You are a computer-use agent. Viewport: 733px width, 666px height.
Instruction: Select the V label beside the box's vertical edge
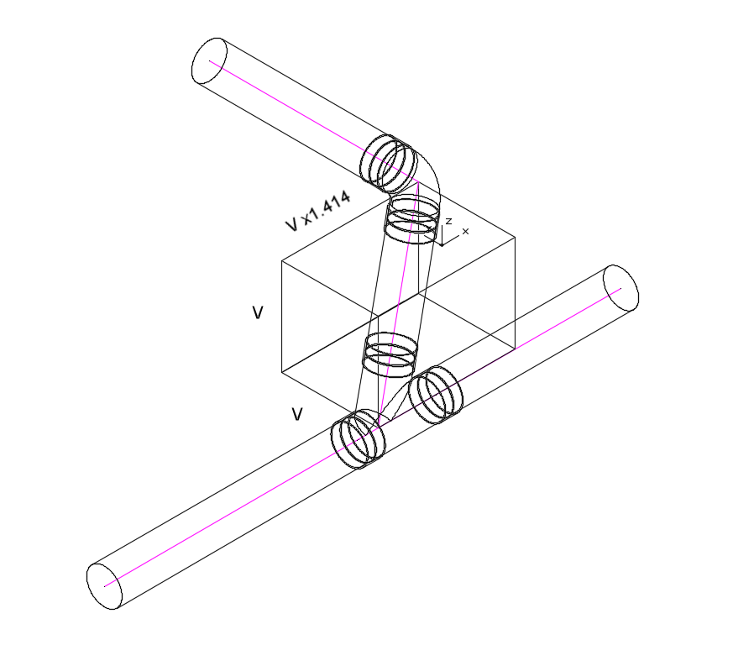click(x=258, y=313)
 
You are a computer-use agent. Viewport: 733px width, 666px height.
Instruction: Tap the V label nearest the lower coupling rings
click(x=296, y=414)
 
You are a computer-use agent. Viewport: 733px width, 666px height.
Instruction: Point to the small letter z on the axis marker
click(x=449, y=221)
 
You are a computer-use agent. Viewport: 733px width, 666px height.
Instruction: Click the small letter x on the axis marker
click(x=465, y=231)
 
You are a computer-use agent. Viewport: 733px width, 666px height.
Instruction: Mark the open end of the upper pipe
click(x=210, y=60)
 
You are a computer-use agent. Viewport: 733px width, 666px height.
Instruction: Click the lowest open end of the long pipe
click(x=105, y=585)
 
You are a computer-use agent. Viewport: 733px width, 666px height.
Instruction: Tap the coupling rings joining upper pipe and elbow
click(x=388, y=162)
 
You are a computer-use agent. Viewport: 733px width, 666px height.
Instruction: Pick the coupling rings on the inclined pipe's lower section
click(x=389, y=353)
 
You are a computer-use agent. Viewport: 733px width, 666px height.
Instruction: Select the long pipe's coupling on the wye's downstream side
click(x=358, y=438)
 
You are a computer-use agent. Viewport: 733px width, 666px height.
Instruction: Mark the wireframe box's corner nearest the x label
click(x=514, y=237)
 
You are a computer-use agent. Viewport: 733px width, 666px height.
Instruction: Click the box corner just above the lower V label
click(x=281, y=371)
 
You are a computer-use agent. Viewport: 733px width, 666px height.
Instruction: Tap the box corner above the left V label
click(x=281, y=260)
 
